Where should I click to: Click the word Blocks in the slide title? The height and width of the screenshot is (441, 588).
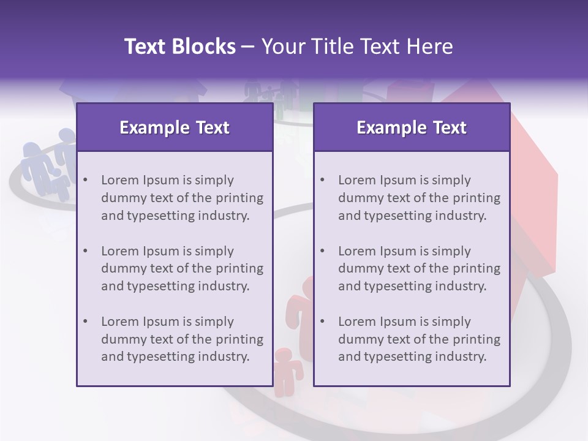203,47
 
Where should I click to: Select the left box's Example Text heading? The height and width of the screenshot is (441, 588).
175,127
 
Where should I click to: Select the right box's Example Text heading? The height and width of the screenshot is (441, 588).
412,127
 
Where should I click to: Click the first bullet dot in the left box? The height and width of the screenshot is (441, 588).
86,180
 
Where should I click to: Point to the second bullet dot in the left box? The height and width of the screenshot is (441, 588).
86,251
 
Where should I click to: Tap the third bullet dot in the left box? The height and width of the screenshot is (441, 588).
86,322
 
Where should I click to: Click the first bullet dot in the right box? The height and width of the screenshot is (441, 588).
323,180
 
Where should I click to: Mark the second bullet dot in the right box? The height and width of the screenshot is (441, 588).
323,251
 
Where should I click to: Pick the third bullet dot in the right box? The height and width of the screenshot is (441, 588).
323,322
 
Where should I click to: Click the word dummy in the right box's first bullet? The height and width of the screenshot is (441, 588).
358,198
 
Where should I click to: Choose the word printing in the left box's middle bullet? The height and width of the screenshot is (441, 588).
239,268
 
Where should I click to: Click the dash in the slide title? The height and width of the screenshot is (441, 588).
248,47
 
